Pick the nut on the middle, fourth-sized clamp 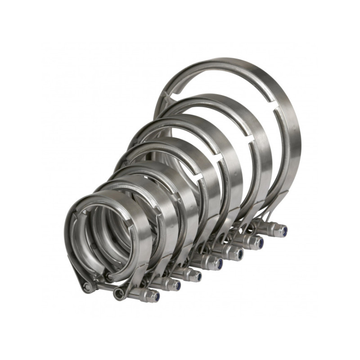[x=216, y=263]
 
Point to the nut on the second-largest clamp [x=260, y=242]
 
